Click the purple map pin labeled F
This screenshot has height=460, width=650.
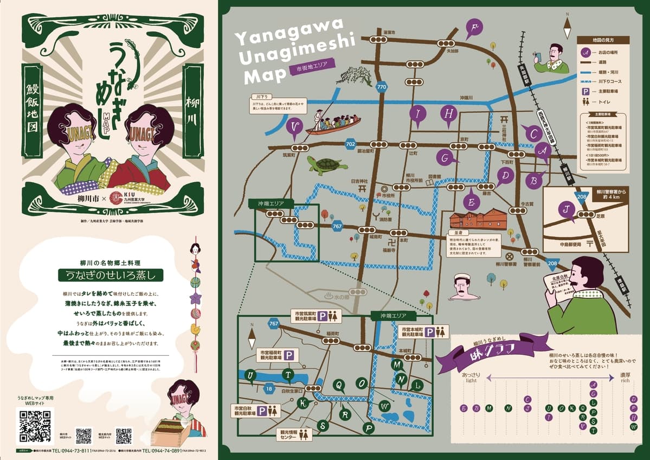pyautogui.click(x=475, y=28)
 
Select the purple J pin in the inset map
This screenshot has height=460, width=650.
pyautogui.click(x=566, y=208)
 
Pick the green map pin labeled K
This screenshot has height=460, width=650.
pyautogui.click(x=304, y=403)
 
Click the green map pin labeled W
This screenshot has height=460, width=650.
pyautogui.click(x=384, y=405)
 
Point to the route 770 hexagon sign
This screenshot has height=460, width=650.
pyautogui.click(x=382, y=87)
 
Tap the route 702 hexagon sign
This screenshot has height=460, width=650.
pyautogui.click(x=350, y=144)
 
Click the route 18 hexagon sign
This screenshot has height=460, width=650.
pyautogui.click(x=269, y=388)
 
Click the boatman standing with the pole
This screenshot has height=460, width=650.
pyautogui.click(x=319, y=117)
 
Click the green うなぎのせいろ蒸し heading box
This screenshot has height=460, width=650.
pyautogui.click(x=111, y=275)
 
